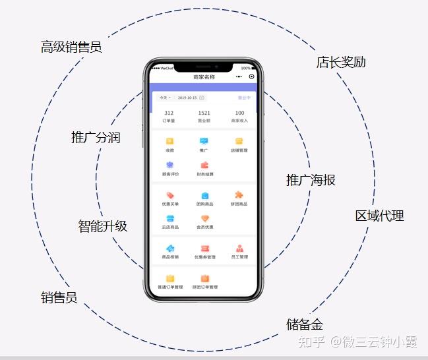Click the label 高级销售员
(x=71, y=47)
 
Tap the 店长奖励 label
(x=341, y=62)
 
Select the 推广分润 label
(x=96, y=138)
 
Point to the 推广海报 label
(x=311, y=179)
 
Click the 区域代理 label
(x=379, y=216)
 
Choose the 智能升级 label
(x=103, y=226)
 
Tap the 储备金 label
(x=305, y=324)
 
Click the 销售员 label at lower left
(x=59, y=297)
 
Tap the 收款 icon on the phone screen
(x=169, y=141)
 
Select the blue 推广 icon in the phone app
(x=204, y=141)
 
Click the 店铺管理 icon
(x=239, y=141)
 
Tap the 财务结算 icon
(x=205, y=165)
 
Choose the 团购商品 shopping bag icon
(x=204, y=196)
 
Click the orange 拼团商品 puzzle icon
(x=239, y=195)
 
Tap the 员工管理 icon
(x=239, y=249)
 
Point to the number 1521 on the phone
(x=204, y=113)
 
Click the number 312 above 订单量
(x=169, y=113)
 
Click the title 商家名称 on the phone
(x=204, y=77)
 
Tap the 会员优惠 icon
(x=204, y=219)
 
